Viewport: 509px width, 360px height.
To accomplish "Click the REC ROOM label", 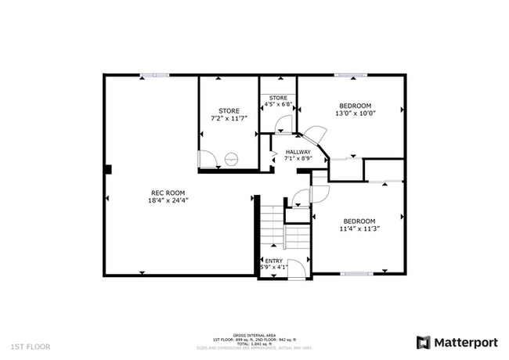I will pos(168,193).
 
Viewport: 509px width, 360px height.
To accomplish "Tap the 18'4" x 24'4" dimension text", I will pos(168,200).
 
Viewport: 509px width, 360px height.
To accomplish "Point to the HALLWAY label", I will pos(298,152).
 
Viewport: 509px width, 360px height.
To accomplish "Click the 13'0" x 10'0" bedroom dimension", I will pos(355,113).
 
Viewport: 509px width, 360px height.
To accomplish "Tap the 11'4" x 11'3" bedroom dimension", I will pos(359,229).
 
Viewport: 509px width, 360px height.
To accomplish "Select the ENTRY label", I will pos(274,261).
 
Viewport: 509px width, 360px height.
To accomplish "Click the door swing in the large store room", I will pos(208,159).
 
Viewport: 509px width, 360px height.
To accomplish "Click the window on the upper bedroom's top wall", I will pos(351,75).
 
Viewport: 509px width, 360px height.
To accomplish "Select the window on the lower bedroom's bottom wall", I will pos(356,274).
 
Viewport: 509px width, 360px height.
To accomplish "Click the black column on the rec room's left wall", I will pos(108,169).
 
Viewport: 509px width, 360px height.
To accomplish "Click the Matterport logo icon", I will pos(424,342).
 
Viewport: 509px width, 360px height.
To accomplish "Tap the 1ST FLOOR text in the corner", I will pos(31,345).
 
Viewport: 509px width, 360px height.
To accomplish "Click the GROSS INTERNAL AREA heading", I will pos(254,333).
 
